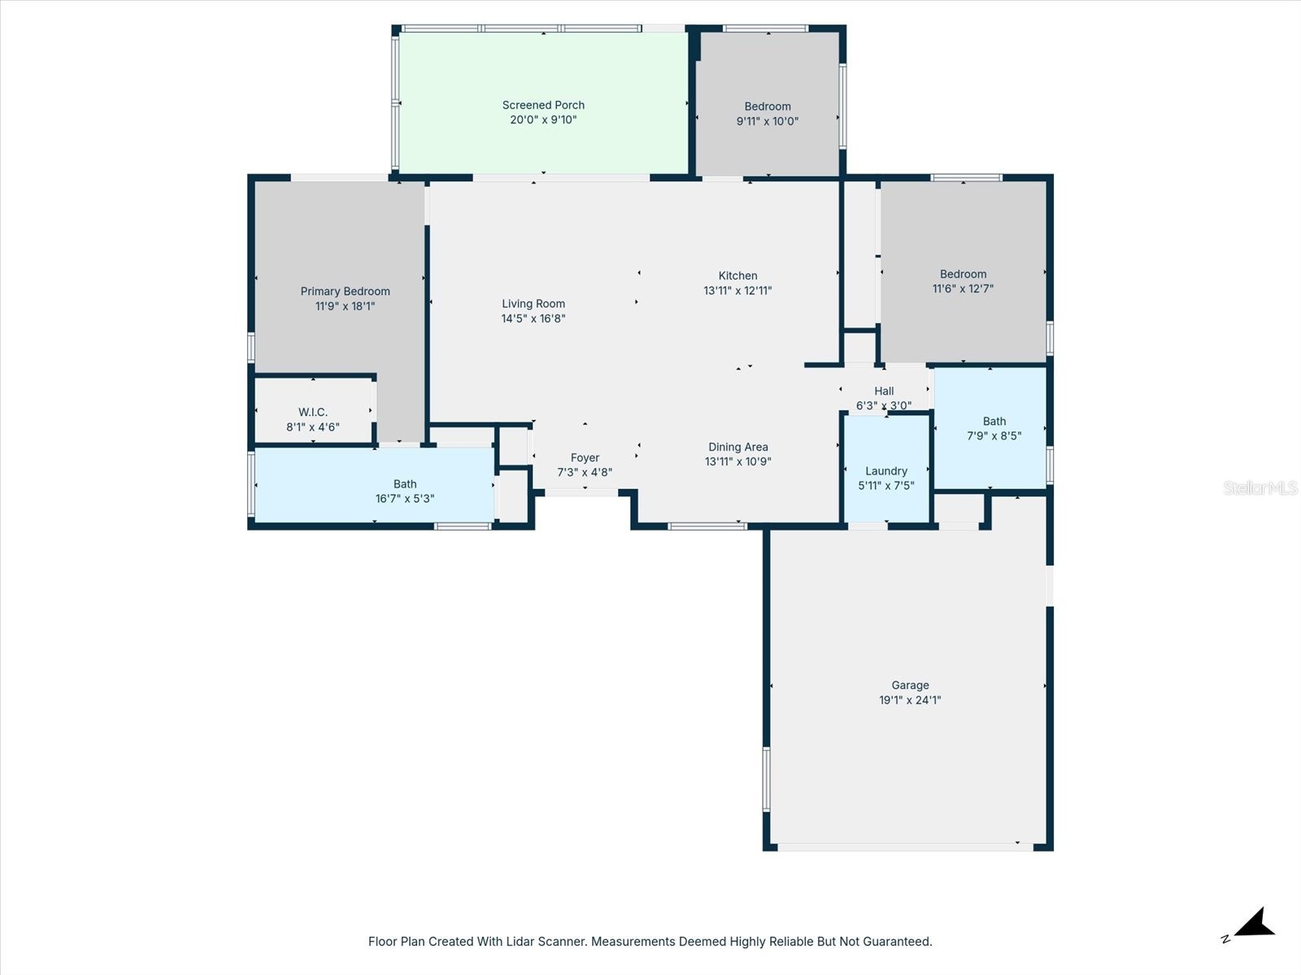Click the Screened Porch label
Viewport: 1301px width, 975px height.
point(543,105)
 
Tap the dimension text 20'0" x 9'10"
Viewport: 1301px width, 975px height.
point(543,119)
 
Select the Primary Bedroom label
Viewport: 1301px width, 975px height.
point(345,291)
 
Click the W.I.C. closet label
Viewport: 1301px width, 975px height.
point(312,412)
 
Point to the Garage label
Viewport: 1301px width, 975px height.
point(910,685)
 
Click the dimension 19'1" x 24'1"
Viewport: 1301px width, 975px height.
point(910,700)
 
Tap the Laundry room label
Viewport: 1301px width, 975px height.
point(886,470)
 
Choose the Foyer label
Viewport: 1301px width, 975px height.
point(585,457)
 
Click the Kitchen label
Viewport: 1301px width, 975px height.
point(738,275)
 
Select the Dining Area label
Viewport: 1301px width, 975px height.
point(738,447)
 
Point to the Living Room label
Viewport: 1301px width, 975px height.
point(533,304)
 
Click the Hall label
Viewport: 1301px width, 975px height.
point(884,391)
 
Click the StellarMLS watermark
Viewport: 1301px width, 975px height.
point(1260,487)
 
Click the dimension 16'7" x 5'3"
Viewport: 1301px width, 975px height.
point(405,499)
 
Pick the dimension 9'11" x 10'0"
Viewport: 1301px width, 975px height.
point(768,121)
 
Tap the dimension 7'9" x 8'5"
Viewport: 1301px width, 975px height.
point(994,435)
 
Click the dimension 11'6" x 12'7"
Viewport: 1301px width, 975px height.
point(963,288)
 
